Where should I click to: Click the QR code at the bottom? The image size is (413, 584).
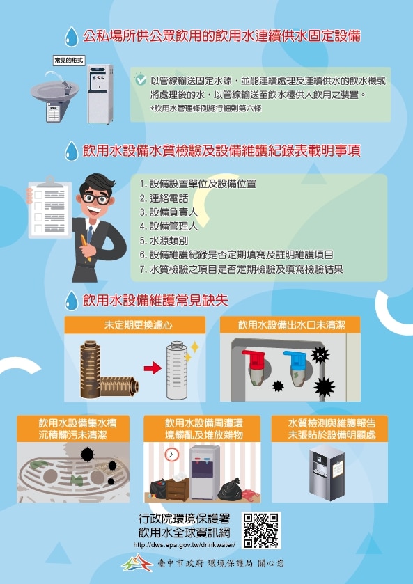click(261, 530)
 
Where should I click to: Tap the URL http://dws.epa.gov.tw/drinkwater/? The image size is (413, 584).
click(184, 545)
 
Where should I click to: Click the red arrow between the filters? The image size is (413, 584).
click(153, 368)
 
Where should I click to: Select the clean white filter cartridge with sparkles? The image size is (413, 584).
click(178, 370)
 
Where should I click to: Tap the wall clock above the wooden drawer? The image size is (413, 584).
click(171, 455)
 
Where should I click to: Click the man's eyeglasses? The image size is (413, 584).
click(95, 198)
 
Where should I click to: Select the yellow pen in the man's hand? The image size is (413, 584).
click(85, 247)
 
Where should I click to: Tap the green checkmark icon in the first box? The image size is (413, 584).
click(140, 79)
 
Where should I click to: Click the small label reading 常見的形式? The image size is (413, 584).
click(69, 61)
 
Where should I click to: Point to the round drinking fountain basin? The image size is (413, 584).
click(55, 92)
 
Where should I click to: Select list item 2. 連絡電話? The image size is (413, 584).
click(164, 198)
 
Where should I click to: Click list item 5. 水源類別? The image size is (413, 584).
click(164, 241)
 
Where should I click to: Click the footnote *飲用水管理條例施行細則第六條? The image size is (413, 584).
click(205, 109)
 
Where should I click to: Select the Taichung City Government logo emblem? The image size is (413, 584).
click(137, 563)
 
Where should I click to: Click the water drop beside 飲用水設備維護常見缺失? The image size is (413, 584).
click(71, 301)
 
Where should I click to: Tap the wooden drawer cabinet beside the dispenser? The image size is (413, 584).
click(178, 489)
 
